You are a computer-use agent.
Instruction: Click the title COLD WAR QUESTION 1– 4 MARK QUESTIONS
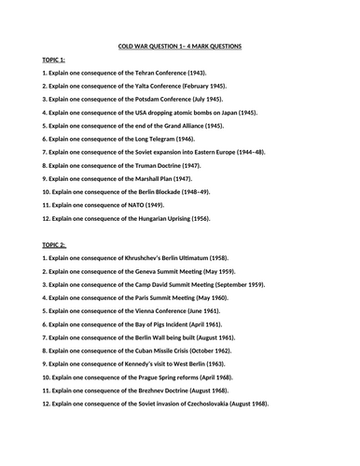point(180,44)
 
